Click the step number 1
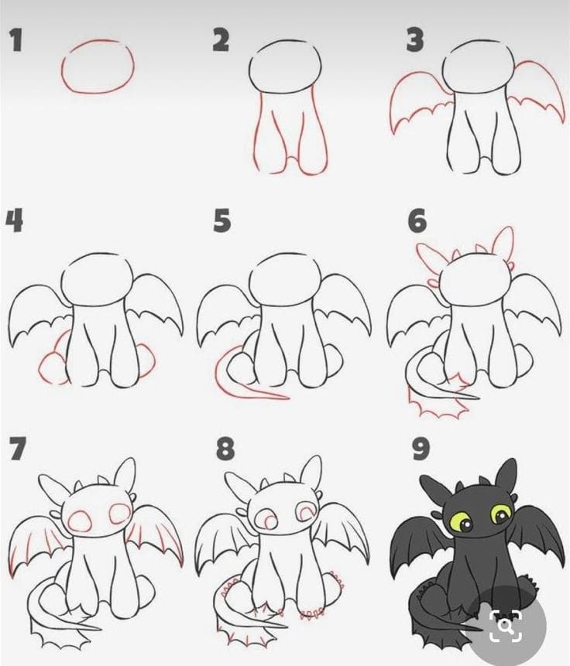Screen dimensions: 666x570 point(15,40)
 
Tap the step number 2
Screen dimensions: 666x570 point(221,40)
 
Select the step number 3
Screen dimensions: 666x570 point(415,40)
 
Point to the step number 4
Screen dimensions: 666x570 point(14,220)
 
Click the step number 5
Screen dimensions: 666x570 point(221,221)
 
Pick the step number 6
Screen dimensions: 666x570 point(417,221)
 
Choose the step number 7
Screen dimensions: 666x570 point(17,449)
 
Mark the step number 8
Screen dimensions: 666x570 point(225,449)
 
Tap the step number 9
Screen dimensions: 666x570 point(421,449)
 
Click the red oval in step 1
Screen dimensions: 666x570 point(98,67)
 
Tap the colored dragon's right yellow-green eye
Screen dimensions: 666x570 point(501,514)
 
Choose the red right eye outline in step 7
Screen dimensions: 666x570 point(120,511)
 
